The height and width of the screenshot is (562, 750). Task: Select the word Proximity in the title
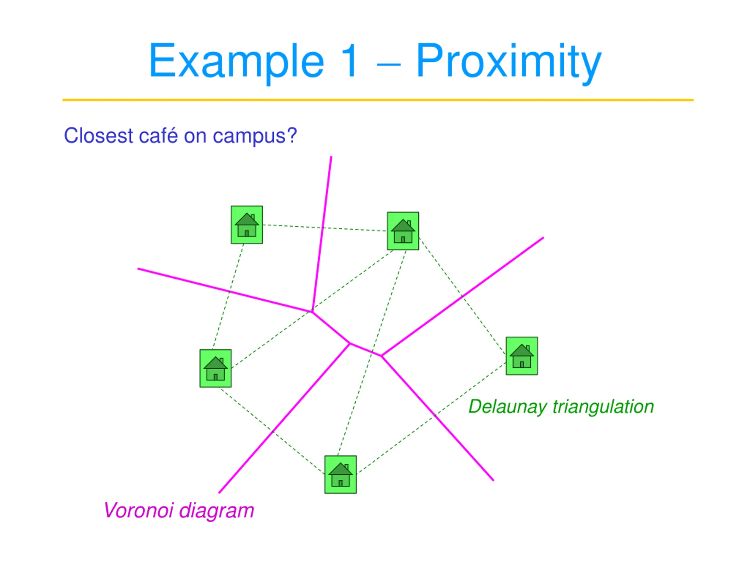509,61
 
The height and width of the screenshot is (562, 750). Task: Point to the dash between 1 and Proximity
388,64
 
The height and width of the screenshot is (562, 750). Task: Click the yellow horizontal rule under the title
378,100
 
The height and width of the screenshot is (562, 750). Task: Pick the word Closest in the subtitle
98,136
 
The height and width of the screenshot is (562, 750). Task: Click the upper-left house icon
246,225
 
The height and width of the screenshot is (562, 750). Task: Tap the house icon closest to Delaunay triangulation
521,356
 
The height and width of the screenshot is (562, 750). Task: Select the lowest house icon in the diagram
340,474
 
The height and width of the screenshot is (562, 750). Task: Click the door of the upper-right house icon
403,239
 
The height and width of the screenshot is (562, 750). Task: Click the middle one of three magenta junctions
350,344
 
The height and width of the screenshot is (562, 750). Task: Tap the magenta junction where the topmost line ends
312,311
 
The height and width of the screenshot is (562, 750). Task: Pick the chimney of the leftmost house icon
221,361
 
